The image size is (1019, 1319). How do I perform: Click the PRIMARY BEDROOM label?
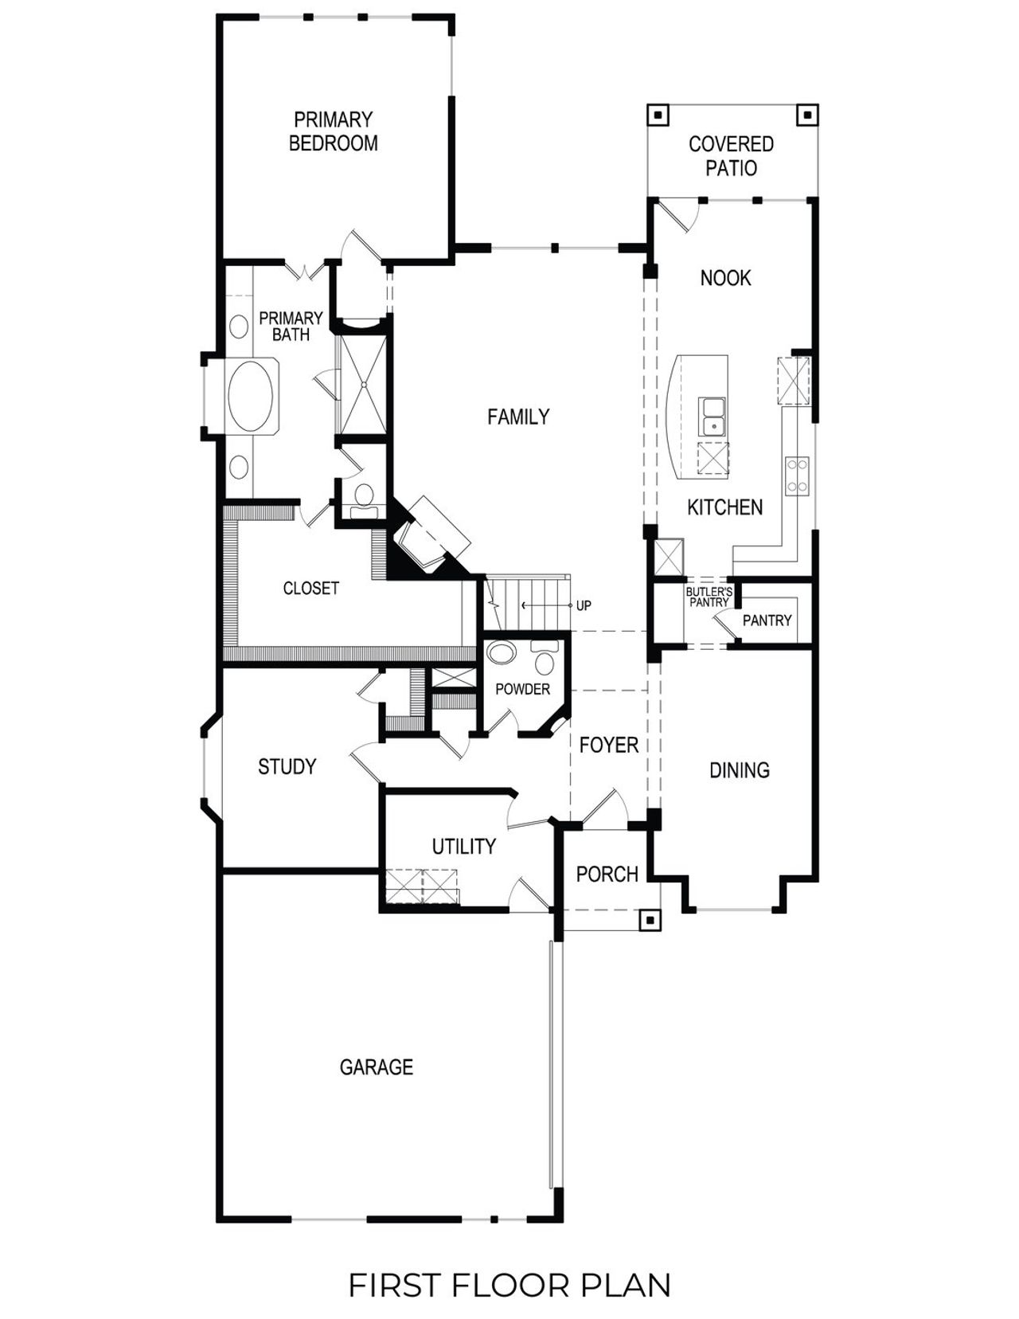pyautogui.click(x=333, y=131)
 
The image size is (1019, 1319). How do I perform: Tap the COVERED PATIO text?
pyautogui.click(x=731, y=156)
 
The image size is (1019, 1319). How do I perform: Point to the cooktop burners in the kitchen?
pyautogui.click(x=798, y=475)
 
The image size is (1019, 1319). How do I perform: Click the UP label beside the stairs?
pyautogui.click(x=584, y=605)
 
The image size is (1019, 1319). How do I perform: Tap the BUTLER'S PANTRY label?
pyautogui.click(x=709, y=597)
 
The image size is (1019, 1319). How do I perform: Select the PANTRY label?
pyautogui.click(x=767, y=620)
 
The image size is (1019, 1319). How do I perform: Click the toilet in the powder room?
pyautogui.click(x=545, y=659)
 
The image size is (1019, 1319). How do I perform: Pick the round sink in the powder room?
pyautogui.click(x=502, y=655)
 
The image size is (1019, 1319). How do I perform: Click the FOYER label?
pyautogui.click(x=609, y=746)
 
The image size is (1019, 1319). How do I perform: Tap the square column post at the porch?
pyautogui.click(x=650, y=920)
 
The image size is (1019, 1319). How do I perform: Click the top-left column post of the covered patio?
pyautogui.click(x=658, y=115)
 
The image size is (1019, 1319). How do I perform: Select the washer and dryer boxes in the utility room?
pyautogui.click(x=422, y=886)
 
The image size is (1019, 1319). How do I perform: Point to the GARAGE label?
pyautogui.click(x=376, y=1067)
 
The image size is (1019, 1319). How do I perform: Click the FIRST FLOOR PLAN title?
pyautogui.click(x=509, y=1285)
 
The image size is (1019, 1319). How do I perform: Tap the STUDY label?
pyautogui.click(x=287, y=766)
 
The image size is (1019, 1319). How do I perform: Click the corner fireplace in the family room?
pyautogui.click(x=430, y=537)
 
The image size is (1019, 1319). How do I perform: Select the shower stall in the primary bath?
pyautogui.click(x=363, y=385)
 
